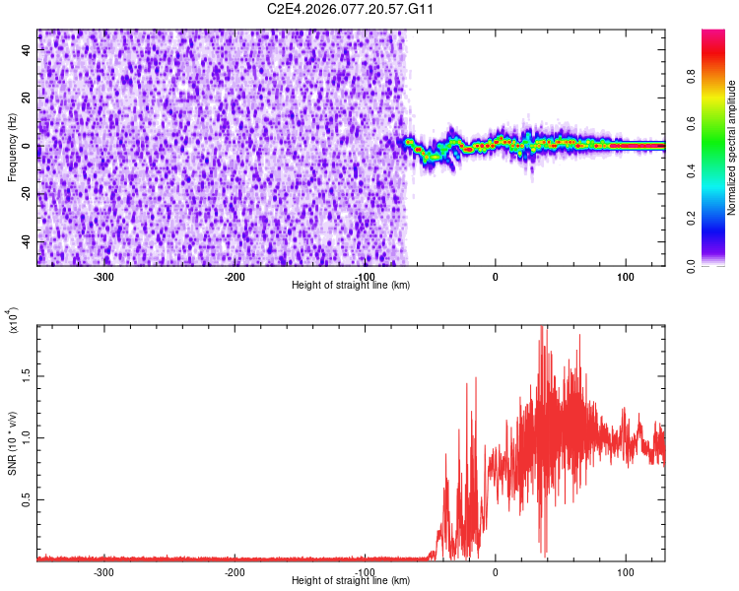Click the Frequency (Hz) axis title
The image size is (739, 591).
[x=12, y=147]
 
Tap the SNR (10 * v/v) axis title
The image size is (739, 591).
[x=12, y=443]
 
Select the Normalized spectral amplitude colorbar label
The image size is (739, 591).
[x=731, y=148]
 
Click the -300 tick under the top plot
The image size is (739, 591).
[x=104, y=277]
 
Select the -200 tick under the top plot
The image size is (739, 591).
[x=235, y=277]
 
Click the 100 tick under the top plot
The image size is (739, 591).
[x=625, y=277]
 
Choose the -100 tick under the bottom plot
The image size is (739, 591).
[x=365, y=571]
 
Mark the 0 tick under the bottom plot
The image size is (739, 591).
[x=496, y=571]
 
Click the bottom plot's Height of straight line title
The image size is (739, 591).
[x=351, y=581]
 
